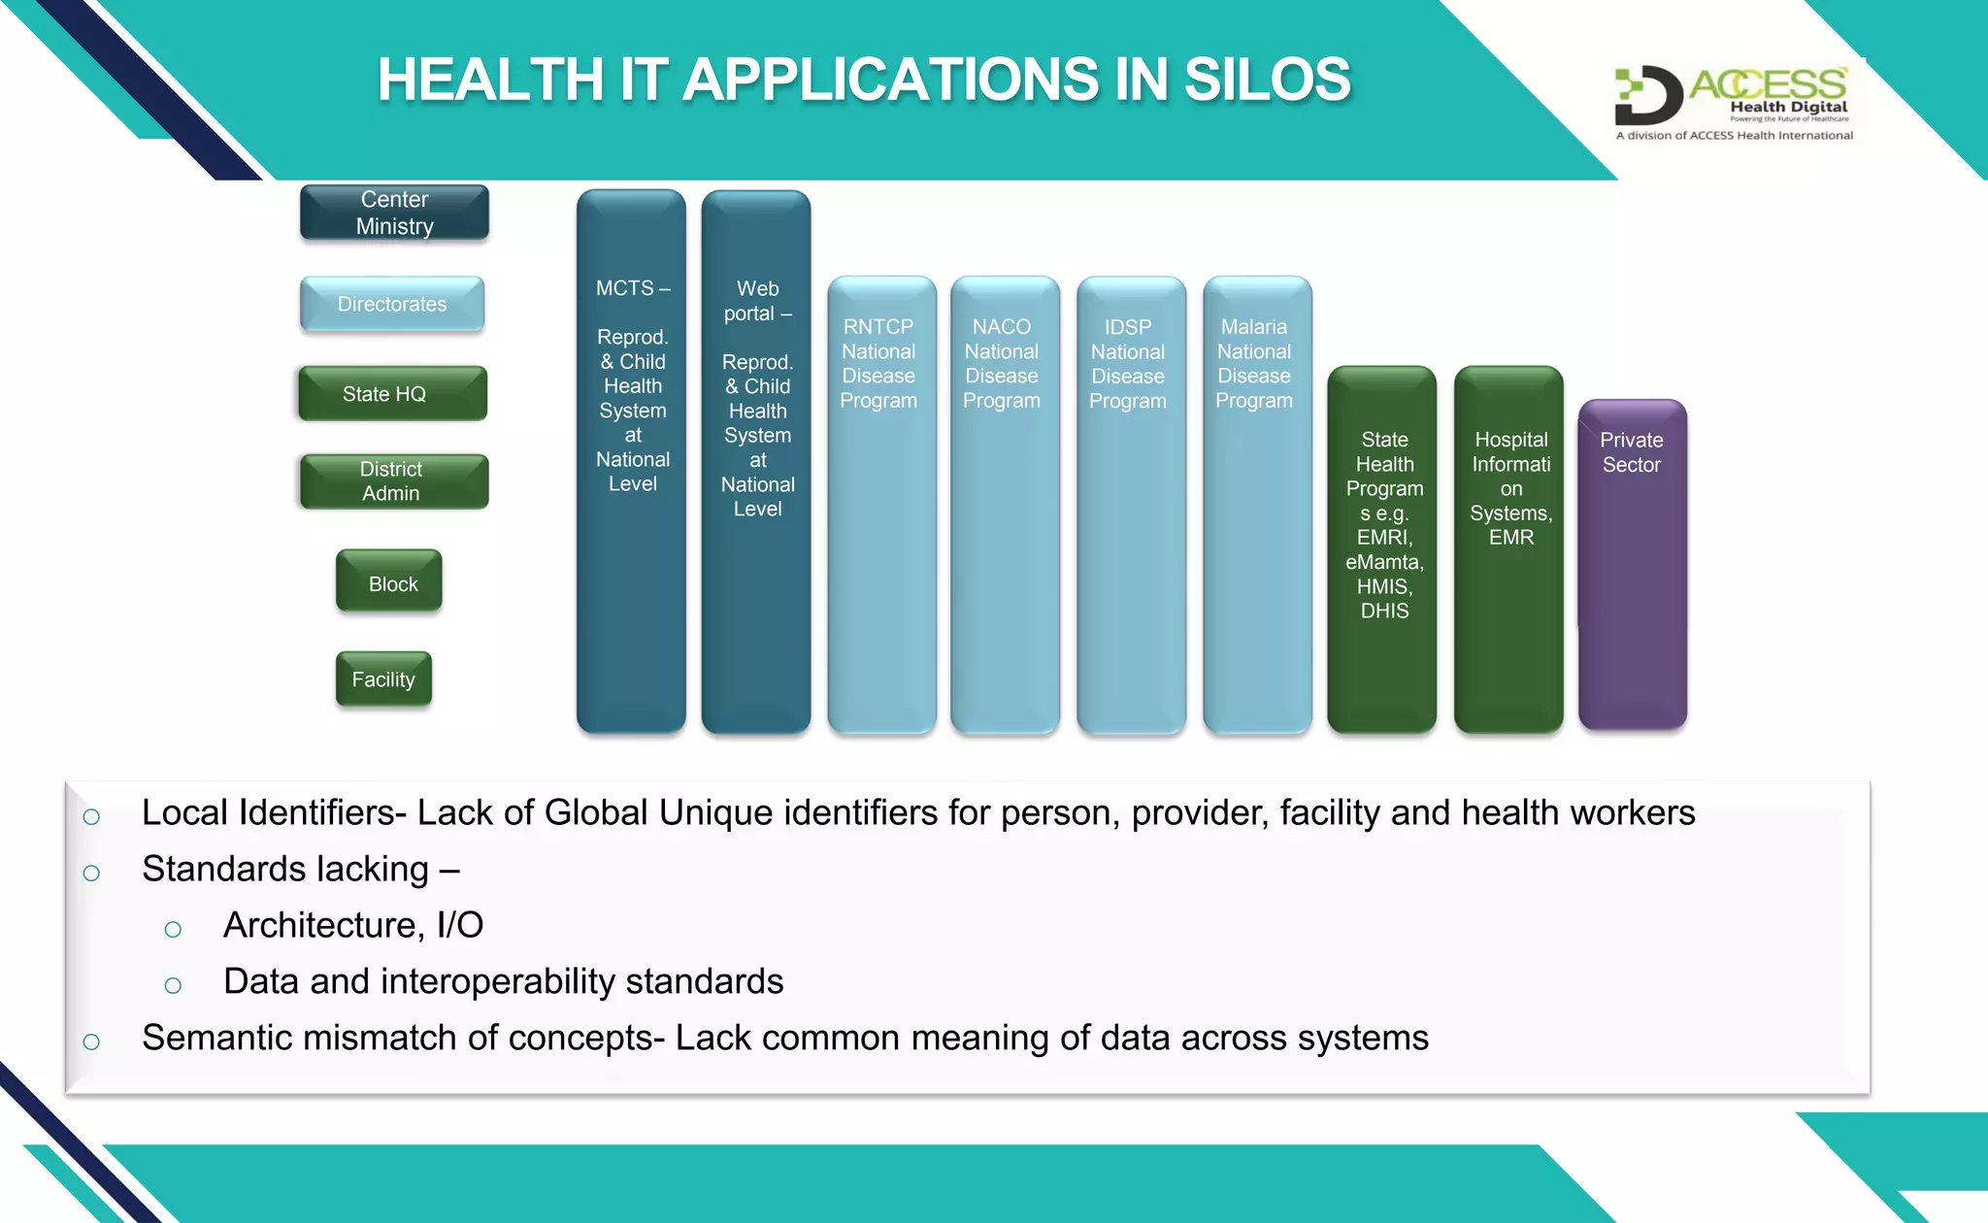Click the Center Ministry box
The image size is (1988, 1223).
tap(394, 213)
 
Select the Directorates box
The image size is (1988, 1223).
tap(392, 304)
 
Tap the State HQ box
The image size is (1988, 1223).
tap(392, 393)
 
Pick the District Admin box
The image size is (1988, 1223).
tap(393, 481)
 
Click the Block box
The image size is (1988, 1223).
tap(389, 582)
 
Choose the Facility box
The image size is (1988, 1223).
tap(384, 679)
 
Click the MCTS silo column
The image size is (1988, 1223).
tap(631, 461)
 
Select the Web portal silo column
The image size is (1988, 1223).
tap(756, 462)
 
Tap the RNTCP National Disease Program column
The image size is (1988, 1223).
tap(881, 505)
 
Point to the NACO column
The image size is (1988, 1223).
tap(1005, 505)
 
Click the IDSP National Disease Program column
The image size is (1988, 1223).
tap(1131, 505)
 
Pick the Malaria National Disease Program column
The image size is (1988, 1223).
tap(1257, 505)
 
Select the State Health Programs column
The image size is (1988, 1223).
tap(1382, 549)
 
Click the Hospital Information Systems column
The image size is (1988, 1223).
tap(1508, 549)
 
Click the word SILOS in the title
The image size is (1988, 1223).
tap(1267, 80)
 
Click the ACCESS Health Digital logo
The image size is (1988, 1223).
tap(1734, 103)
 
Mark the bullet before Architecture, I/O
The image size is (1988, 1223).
tap(173, 930)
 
